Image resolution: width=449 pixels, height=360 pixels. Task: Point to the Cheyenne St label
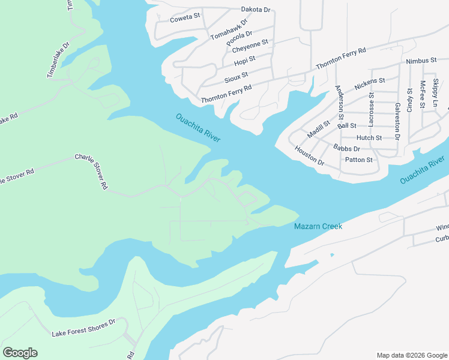[x=249, y=46]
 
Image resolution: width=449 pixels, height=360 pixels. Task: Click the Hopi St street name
[x=245, y=61]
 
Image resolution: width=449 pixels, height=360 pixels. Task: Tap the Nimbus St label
[x=421, y=61]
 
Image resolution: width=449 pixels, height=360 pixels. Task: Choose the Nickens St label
[x=369, y=84]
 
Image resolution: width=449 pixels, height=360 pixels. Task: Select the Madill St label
[x=319, y=128]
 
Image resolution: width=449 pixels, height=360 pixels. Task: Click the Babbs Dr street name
[x=346, y=148]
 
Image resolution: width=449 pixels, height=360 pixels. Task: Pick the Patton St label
[x=359, y=160]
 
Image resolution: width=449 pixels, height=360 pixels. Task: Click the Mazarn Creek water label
[x=318, y=226]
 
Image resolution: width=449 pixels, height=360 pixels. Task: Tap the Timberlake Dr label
[x=58, y=59]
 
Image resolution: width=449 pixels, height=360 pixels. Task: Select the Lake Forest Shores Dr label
[x=83, y=327]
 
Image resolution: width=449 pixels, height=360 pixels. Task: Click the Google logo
[x=20, y=353]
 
